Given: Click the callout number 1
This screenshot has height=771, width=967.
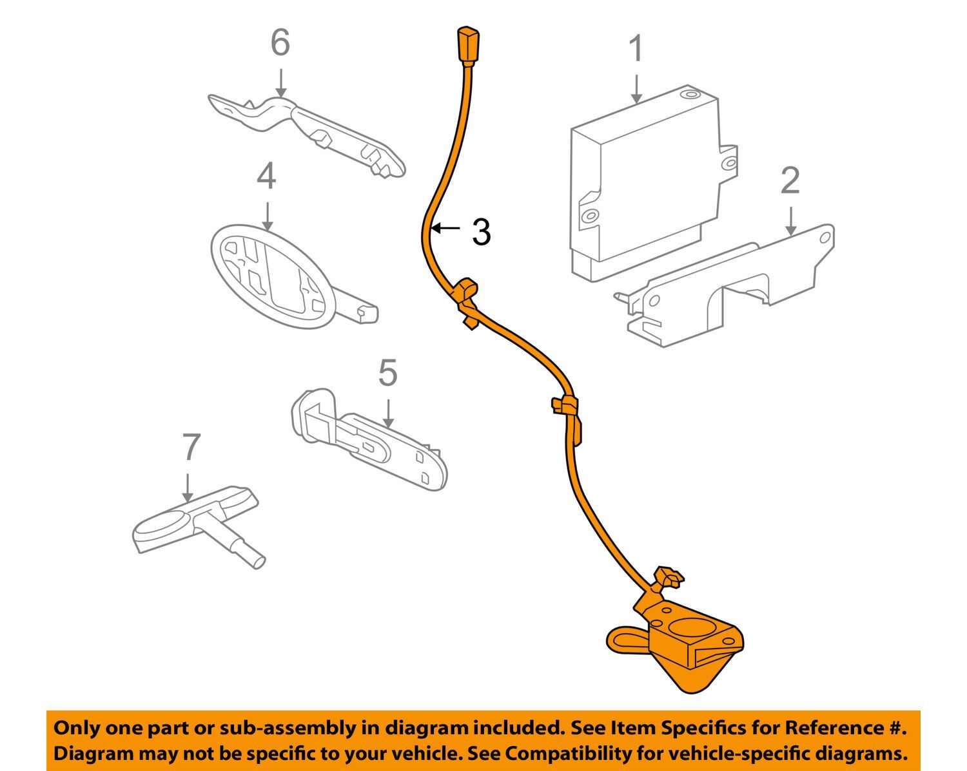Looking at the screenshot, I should click(x=636, y=50).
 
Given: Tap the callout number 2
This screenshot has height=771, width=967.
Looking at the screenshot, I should click(x=790, y=181).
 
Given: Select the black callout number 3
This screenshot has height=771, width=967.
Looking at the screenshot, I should click(x=481, y=232).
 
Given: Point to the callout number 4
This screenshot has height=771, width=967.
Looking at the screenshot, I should click(x=266, y=176).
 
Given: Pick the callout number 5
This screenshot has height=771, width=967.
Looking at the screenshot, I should click(x=387, y=373).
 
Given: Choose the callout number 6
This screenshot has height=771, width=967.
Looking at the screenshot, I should click(x=280, y=43).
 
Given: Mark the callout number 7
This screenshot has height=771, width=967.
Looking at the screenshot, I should click(x=191, y=447).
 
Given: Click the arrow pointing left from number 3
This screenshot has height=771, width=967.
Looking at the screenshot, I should click(x=446, y=228).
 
